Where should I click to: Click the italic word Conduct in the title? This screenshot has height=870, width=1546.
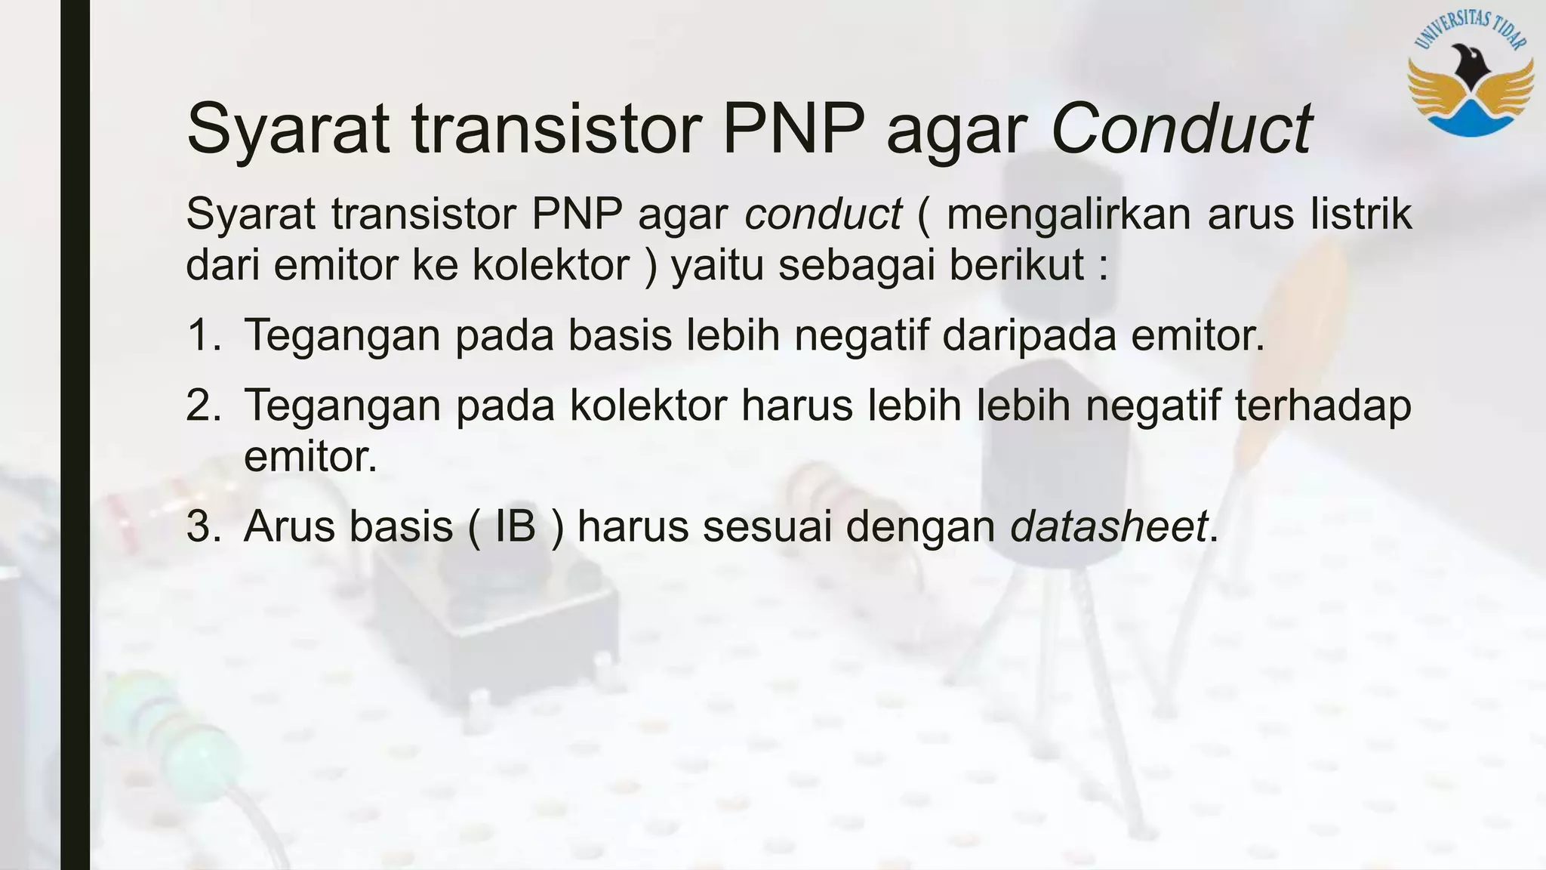(x=1181, y=128)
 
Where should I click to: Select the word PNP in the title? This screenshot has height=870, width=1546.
(x=793, y=128)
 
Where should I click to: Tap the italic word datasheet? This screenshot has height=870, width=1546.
(x=1108, y=526)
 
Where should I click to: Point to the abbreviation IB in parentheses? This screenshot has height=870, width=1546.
(x=515, y=526)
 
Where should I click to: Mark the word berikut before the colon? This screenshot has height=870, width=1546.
(x=1016, y=265)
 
